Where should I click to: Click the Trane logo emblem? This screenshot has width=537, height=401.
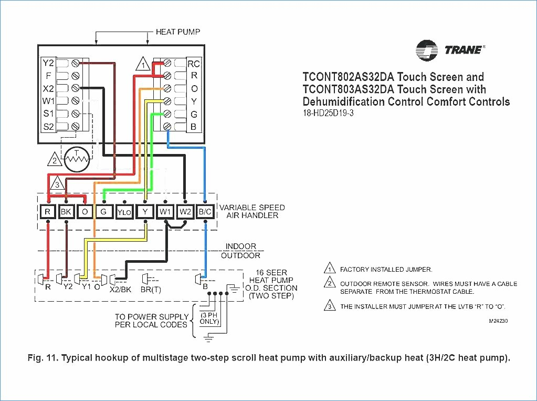point(426,50)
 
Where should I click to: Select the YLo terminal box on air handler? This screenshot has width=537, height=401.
point(124,212)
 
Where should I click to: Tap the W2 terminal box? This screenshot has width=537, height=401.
point(185,212)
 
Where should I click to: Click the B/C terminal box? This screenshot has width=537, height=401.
point(205,212)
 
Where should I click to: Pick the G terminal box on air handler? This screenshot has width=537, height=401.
point(103,212)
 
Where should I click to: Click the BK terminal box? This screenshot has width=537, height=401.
point(66,212)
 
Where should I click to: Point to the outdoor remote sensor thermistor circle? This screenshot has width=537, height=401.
point(77,159)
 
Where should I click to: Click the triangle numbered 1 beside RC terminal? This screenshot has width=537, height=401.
point(143,64)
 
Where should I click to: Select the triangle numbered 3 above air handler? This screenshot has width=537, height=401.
point(57,183)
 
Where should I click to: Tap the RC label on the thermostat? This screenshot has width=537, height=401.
point(194,64)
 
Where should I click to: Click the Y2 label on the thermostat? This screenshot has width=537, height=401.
point(48,63)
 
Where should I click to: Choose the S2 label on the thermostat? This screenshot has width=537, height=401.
point(48,127)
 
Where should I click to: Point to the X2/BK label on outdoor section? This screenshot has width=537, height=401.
point(120,290)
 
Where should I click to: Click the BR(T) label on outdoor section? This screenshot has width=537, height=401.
point(151,290)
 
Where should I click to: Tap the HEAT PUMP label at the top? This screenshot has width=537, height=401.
point(178,32)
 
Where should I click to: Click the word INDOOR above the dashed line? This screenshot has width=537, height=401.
point(241,246)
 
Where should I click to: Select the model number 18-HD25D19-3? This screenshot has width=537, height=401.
point(328,113)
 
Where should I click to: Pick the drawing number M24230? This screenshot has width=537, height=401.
point(498,321)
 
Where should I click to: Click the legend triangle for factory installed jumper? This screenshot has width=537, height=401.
point(330,268)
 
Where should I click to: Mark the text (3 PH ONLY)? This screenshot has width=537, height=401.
point(209,318)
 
